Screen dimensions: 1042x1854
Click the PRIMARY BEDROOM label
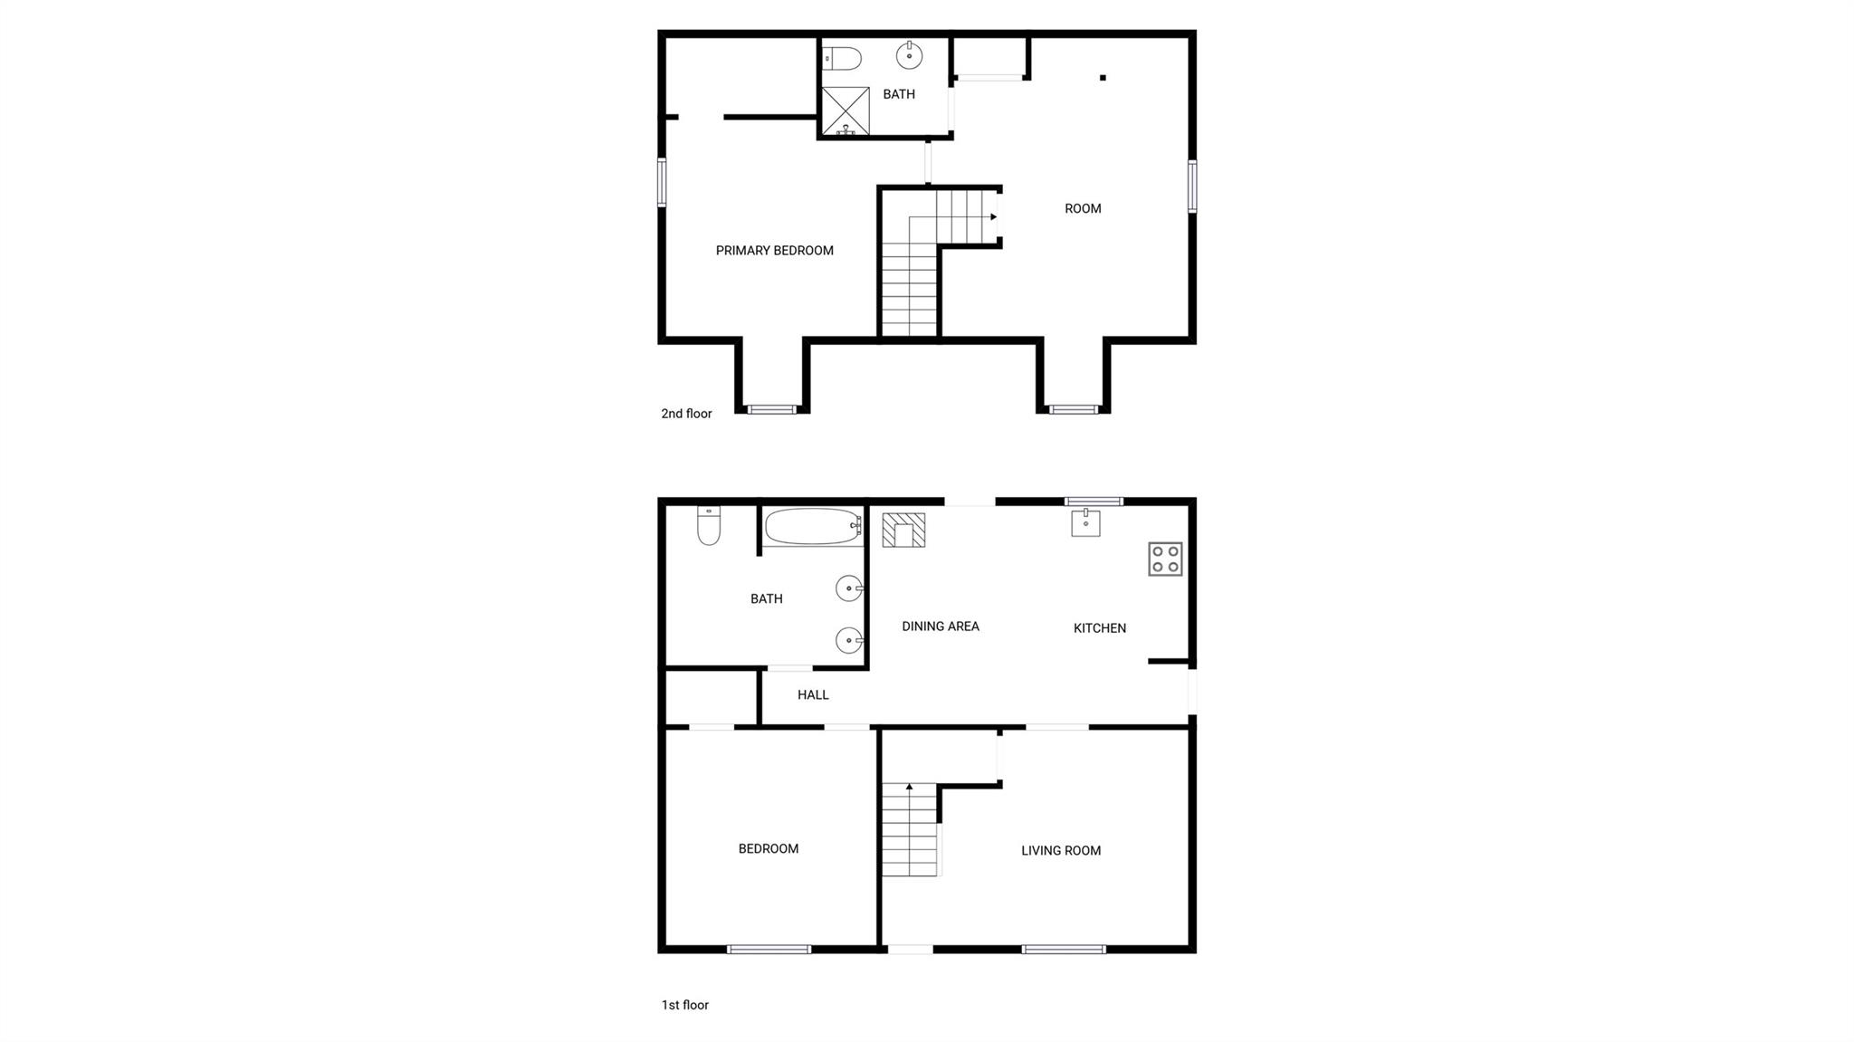tap(774, 251)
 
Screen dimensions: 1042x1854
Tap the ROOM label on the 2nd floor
tap(1083, 209)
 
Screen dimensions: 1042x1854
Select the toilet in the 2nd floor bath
tap(842, 59)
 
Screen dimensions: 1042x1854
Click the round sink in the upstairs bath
tap(909, 56)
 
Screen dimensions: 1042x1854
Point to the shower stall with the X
tap(846, 111)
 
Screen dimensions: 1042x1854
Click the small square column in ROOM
tap(1103, 78)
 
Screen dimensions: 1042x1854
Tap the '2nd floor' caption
tap(686, 414)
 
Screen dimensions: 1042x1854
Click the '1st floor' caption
tap(684, 1005)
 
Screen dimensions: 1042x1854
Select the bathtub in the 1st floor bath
tap(812, 527)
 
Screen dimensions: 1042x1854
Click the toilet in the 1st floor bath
tap(709, 526)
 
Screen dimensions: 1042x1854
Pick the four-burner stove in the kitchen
tap(1165, 559)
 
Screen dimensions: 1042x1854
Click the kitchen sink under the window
tap(1085, 522)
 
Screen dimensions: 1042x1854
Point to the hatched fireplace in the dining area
tap(903, 531)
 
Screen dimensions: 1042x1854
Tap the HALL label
tap(813, 695)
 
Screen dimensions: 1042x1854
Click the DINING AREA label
tap(941, 626)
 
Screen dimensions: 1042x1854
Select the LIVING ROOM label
tap(1061, 851)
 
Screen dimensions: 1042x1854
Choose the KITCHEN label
tap(1100, 628)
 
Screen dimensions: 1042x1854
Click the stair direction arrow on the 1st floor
tap(909, 788)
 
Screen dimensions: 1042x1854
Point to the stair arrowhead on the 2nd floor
tap(993, 217)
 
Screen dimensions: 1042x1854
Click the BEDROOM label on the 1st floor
tap(769, 849)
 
